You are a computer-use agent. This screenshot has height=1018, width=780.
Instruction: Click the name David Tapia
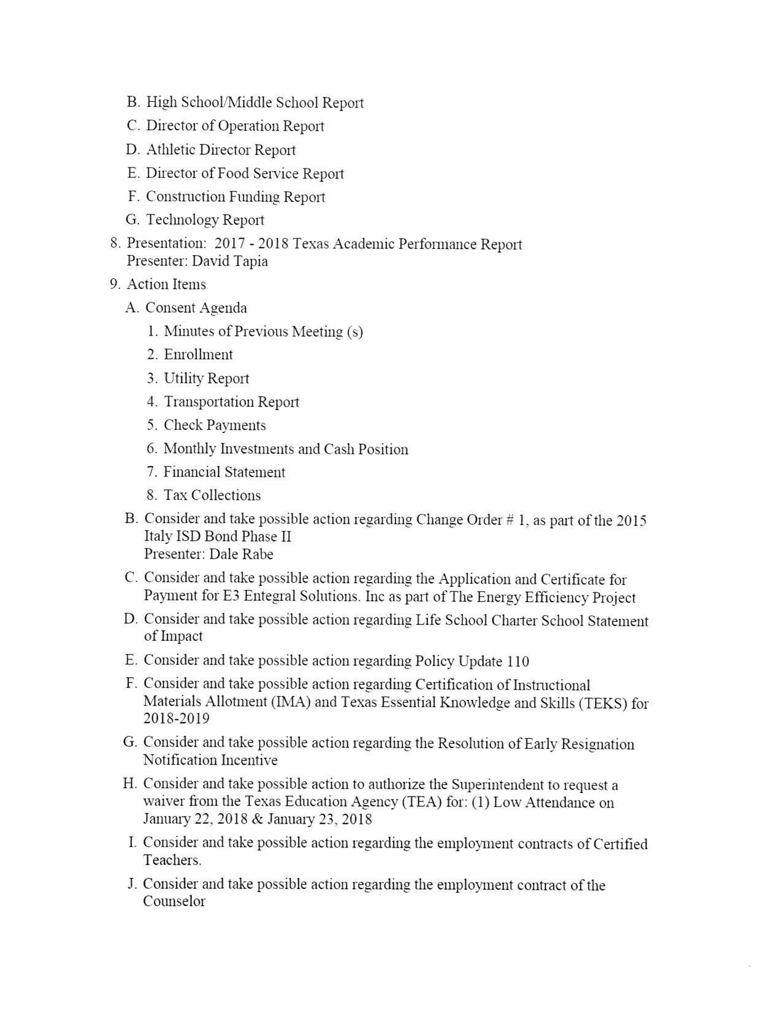coord(230,261)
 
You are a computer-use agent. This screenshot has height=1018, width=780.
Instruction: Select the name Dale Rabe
coord(242,554)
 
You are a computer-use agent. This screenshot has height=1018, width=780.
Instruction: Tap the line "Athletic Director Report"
coord(221,150)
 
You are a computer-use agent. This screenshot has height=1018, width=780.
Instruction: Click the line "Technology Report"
coord(205,220)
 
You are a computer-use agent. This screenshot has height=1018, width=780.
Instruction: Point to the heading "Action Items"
coord(166,285)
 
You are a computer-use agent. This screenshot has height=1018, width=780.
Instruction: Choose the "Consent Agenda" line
coord(196,308)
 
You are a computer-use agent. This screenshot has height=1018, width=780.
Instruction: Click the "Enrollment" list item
coord(198,355)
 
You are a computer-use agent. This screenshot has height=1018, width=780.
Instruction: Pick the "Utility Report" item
coord(206,378)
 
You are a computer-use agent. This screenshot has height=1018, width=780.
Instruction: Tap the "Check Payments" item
coord(215,426)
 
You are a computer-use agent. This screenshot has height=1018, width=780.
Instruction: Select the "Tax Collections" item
coord(212,496)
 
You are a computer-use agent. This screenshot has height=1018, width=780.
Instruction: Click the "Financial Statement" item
coord(224,472)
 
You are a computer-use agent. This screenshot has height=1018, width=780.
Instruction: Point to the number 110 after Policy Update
coord(518,662)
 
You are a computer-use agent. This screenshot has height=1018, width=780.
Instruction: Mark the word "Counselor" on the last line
coord(174,902)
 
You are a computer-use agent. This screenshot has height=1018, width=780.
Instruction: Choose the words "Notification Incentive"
coord(210,760)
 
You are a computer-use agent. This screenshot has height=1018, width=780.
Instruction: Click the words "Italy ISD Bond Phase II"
coord(218,537)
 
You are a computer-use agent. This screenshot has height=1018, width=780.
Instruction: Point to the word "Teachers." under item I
coord(172,860)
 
